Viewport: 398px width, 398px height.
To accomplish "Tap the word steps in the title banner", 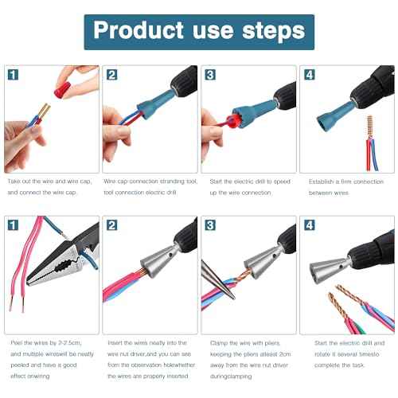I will [x=275, y=31].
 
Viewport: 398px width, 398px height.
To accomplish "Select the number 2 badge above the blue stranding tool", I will [x=112, y=75].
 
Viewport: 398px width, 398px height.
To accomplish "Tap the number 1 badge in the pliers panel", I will [x=14, y=224].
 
